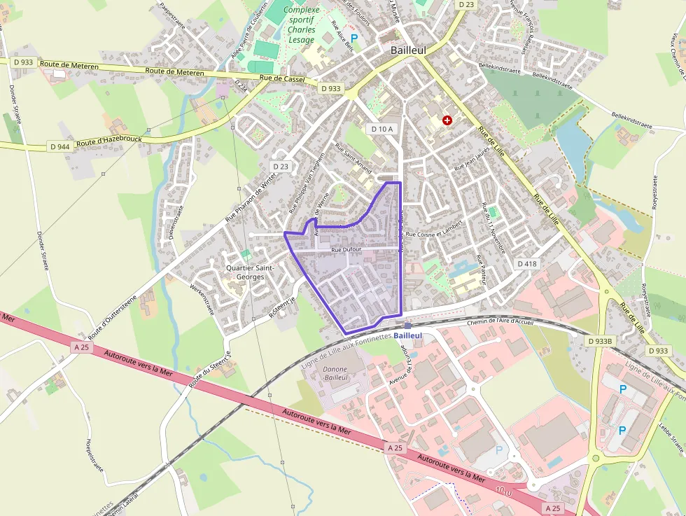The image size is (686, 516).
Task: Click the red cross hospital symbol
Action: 446,120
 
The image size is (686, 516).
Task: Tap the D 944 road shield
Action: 60,146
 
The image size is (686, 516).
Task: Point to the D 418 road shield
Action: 526,263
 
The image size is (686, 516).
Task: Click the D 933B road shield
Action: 600,340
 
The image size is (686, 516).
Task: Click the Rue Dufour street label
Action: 346,250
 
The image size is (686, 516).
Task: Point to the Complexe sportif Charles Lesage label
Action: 302,25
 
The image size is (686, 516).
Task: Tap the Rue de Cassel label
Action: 282,79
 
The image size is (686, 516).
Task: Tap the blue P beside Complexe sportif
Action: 353,39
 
